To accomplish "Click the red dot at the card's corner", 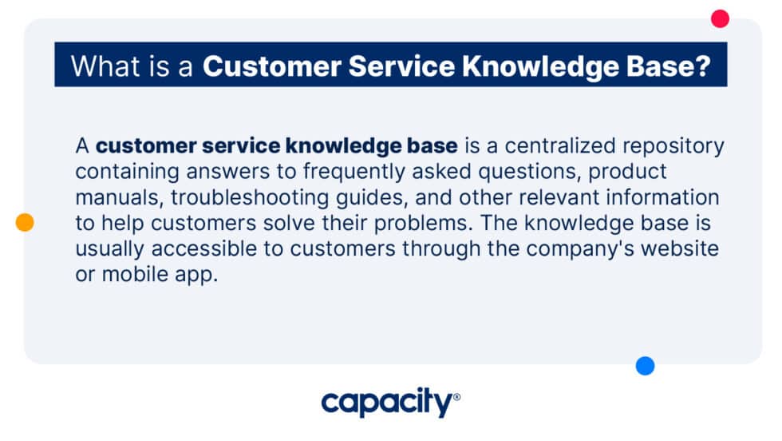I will click(720, 18).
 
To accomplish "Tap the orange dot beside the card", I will click(25, 223).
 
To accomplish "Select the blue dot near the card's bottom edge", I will click(645, 366).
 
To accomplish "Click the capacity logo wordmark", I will click(386, 403).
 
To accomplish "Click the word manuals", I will click(117, 197).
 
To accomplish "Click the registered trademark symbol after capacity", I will click(456, 397).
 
